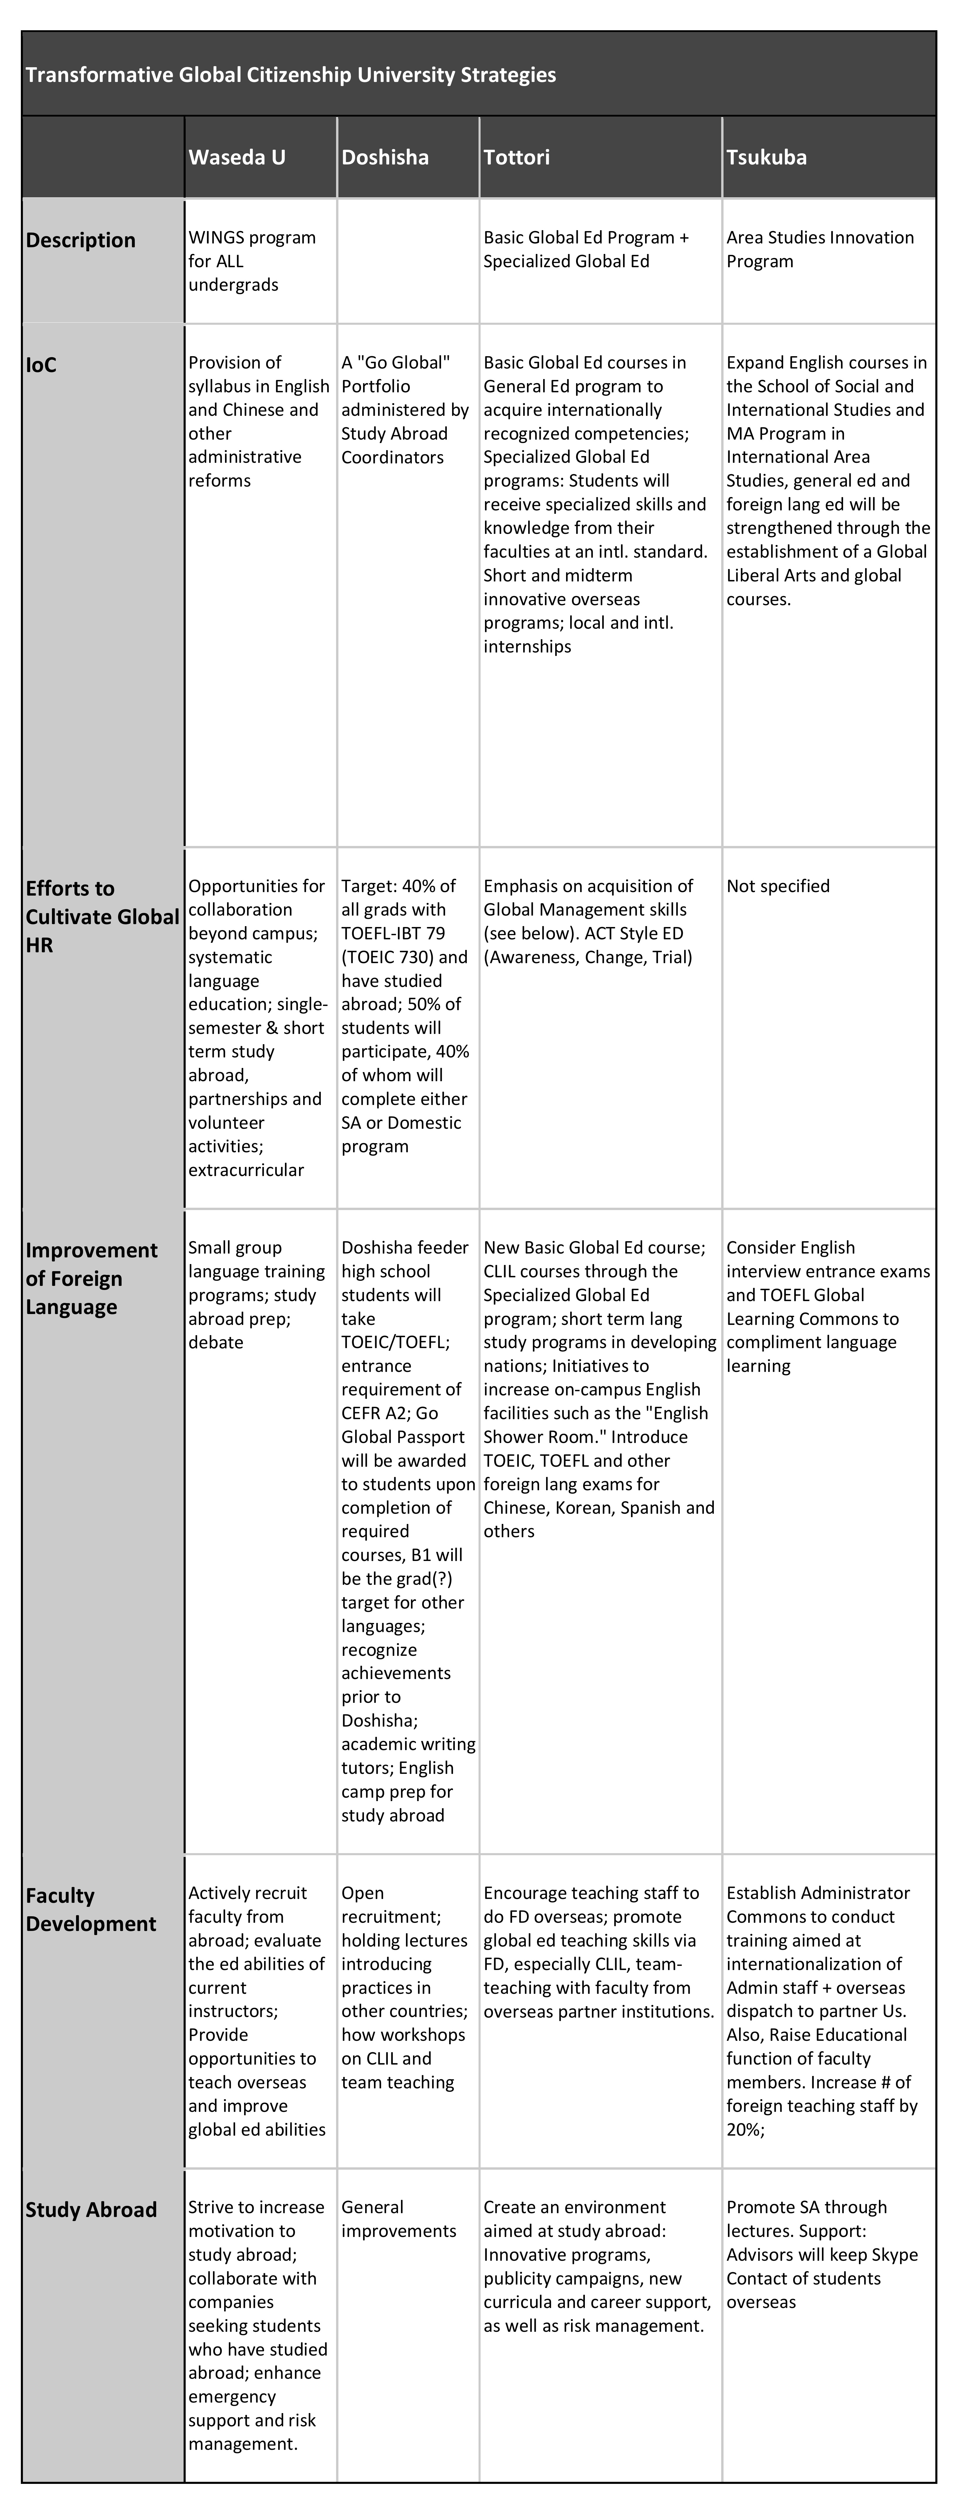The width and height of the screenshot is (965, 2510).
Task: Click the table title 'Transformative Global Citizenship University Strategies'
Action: pos(291,75)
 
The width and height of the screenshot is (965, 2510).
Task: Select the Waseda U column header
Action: pos(237,157)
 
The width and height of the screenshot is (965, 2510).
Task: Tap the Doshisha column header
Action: pos(385,157)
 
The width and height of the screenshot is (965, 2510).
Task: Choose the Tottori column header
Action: pos(517,157)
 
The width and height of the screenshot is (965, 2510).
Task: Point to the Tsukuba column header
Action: pos(766,157)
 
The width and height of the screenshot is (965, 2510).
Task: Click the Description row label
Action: pos(81,240)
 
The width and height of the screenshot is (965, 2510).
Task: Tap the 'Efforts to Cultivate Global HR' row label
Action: pos(102,916)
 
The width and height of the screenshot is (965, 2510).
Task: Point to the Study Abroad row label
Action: pos(91,2209)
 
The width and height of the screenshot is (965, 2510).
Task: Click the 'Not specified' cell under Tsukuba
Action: pos(778,886)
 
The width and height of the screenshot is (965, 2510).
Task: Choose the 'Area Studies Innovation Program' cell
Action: pos(820,249)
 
